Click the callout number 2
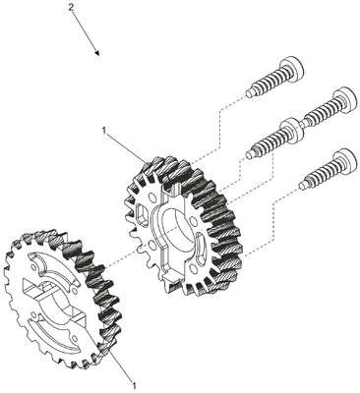pyautogui.click(x=71, y=8)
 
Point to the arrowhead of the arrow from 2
pyautogui.click(x=96, y=53)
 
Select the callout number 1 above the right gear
pyautogui.click(x=104, y=131)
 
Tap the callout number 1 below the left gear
pyautogui.click(x=134, y=384)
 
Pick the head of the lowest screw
pyautogui.click(x=344, y=161)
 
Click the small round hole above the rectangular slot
pyautogui.click(x=151, y=198)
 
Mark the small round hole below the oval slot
pyautogui.click(x=195, y=269)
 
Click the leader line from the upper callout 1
pyautogui.click(x=126, y=148)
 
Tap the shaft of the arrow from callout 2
pyautogui.click(x=85, y=31)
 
